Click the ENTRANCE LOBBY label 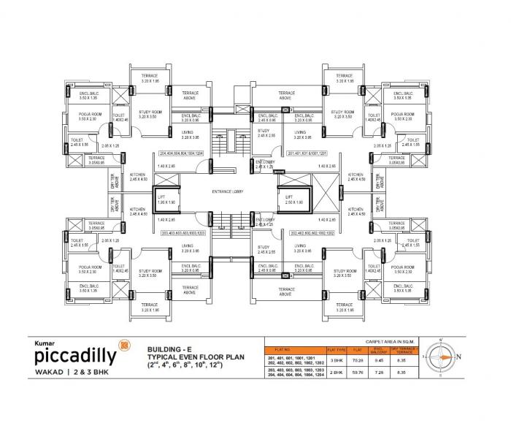tap(228, 192)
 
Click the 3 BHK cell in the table tap(337, 360)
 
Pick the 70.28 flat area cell tap(358, 360)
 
